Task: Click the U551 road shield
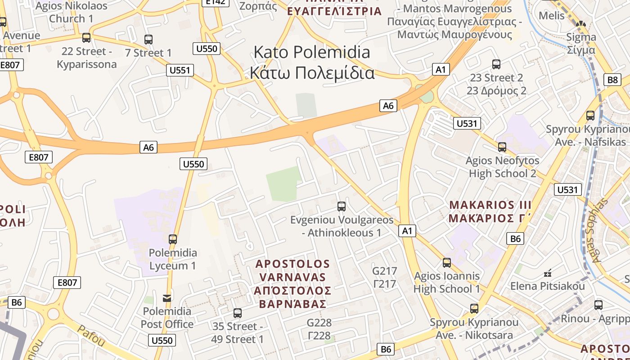point(180,70)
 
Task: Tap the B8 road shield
point(612,80)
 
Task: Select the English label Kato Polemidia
point(312,52)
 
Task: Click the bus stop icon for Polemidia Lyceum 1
point(173,239)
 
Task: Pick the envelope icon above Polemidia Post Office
point(167,297)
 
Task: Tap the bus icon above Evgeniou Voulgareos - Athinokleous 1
point(342,207)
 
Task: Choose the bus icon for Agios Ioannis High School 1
point(447,262)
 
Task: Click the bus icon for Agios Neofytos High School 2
point(502,147)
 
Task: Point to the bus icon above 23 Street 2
point(496,64)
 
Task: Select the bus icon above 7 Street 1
point(148,39)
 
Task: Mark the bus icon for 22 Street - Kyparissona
point(86,37)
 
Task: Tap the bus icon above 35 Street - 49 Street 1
point(238,313)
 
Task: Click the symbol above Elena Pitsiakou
point(548,273)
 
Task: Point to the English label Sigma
point(581,37)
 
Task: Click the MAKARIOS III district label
point(490,205)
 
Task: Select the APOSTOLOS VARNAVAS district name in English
point(292,270)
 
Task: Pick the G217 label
point(385,271)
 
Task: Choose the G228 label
point(319,323)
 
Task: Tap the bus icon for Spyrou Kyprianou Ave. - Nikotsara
point(474,309)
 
